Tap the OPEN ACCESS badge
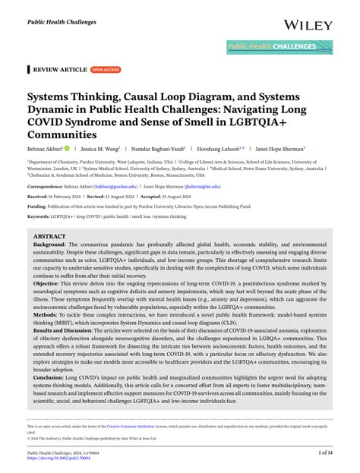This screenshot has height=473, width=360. click(x=106, y=69)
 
